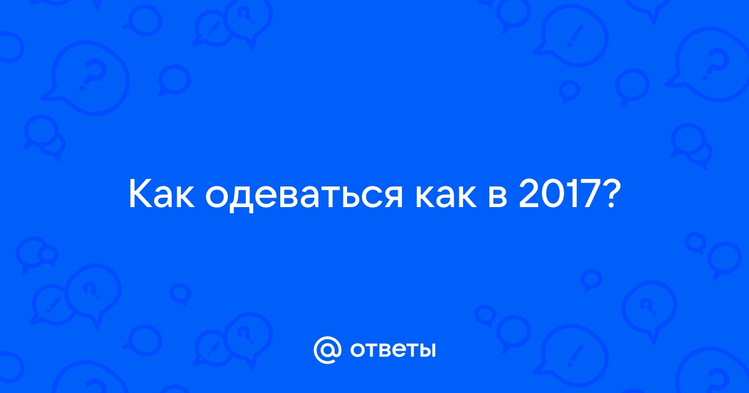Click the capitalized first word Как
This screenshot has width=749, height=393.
click(162, 195)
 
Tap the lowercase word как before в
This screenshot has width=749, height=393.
click(446, 198)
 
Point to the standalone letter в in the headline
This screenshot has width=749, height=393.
click(498, 198)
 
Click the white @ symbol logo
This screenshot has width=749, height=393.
click(327, 350)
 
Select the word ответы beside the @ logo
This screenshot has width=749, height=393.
click(393, 350)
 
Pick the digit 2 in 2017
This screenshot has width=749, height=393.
click(529, 195)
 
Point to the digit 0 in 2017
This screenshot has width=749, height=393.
click(554, 195)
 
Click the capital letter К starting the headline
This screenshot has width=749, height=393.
click(140, 195)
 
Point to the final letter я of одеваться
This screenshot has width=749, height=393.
click(392, 198)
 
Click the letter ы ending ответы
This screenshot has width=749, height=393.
click(427, 350)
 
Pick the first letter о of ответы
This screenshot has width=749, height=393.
click(358, 350)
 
